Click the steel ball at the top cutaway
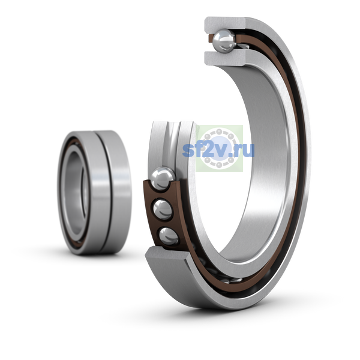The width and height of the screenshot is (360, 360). (x=224, y=41)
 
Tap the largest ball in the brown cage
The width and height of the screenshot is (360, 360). (x=163, y=178)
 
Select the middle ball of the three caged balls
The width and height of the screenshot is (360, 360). (x=163, y=209)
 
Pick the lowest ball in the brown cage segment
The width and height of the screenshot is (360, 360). (x=169, y=236)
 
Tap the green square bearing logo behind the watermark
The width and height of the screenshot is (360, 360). (x=219, y=148)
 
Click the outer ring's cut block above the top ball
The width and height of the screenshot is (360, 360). (x=226, y=25)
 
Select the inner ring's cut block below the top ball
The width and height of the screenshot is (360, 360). (x=226, y=59)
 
